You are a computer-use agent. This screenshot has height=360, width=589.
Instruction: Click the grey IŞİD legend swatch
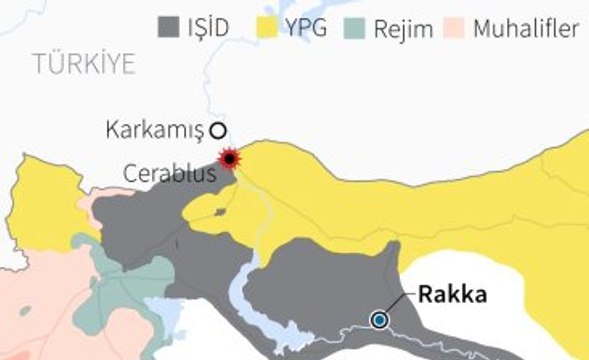click(168, 28)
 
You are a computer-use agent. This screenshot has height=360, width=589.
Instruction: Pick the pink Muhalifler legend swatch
click(456, 28)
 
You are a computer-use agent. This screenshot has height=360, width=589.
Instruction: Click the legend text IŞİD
click(208, 29)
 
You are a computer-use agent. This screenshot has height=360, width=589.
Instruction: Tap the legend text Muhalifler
click(526, 29)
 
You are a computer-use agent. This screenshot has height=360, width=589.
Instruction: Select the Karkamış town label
click(154, 129)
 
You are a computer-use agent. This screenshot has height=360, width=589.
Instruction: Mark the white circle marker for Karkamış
click(218, 129)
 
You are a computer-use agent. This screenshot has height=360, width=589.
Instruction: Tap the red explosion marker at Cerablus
click(231, 158)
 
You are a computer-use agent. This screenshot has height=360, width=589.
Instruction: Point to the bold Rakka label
click(452, 295)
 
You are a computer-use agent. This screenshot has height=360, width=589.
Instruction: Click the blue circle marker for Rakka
click(379, 320)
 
